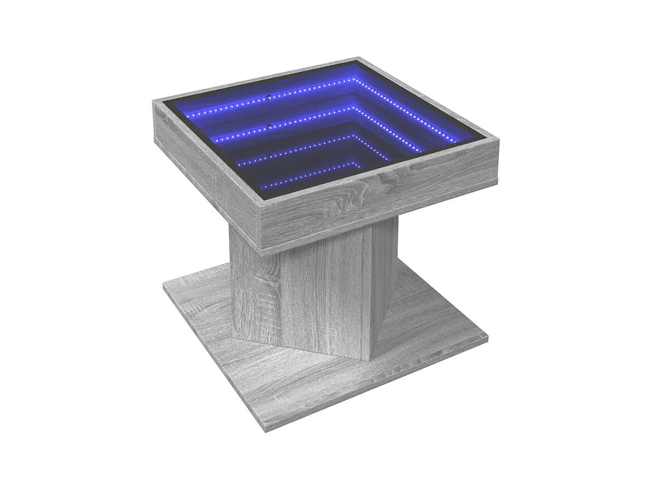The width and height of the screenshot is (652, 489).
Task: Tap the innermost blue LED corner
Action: pos(354,162)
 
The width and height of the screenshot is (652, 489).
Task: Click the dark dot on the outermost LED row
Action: pos(269,96)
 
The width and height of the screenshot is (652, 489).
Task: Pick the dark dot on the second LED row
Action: pos(269,126)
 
